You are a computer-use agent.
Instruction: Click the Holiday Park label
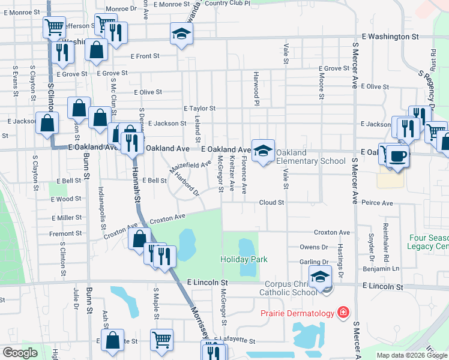tap(243, 259)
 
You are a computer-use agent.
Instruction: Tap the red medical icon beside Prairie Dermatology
tap(343, 313)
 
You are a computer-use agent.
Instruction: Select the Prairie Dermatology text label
tap(297, 313)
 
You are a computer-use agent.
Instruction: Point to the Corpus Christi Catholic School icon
tap(321, 278)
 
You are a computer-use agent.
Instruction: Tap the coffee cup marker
tap(397, 157)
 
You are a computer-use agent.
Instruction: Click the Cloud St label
tap(271, 203)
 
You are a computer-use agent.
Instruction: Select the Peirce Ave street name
tap(376, 203)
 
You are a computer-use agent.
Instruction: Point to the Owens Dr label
tap(314, 247)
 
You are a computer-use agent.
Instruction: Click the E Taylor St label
tap(199, 109)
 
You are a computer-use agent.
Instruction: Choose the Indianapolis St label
tap(103, 209)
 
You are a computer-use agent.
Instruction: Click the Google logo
tap(20, 353)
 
